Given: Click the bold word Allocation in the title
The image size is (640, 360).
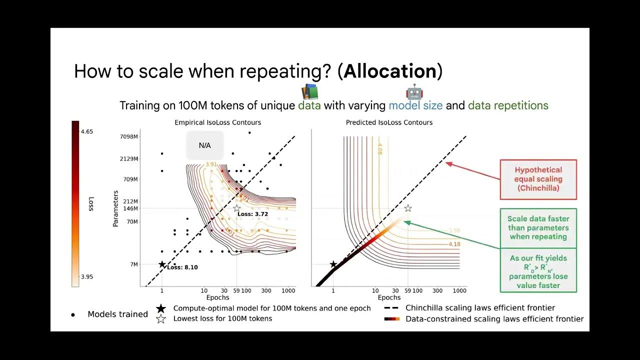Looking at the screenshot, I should tap(390, 71).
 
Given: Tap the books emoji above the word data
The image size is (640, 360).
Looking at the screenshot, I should tap(309, 92).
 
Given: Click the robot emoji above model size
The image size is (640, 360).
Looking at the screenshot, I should tap(414, 92).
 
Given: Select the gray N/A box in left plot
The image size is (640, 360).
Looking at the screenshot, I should tap(205, 145).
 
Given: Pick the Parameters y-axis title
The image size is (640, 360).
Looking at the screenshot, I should tap(115, 208).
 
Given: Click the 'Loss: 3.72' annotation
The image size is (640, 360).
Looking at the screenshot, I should tap(252, 214).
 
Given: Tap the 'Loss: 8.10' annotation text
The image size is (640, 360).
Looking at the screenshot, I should tap(182, 267).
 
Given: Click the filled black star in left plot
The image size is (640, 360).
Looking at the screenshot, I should tap(161, 264).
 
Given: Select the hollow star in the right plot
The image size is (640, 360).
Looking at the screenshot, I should tap(408, 208).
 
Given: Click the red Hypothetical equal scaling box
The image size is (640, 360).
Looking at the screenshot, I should tap(538, 179).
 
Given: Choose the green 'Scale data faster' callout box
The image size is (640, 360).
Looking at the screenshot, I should tap(538, 228).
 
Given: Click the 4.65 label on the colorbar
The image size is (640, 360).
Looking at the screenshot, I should tap(86, 132).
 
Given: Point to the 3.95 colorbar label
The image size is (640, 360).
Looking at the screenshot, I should tap(86, 277).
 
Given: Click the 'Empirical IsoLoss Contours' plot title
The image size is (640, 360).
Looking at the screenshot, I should tap(217, 122).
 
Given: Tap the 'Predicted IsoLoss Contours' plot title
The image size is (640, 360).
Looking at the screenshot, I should tap(389, 122).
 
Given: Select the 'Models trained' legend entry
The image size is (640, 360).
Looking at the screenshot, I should tap(117, 314).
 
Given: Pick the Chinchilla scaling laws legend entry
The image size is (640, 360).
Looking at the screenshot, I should tap(480, 308).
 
